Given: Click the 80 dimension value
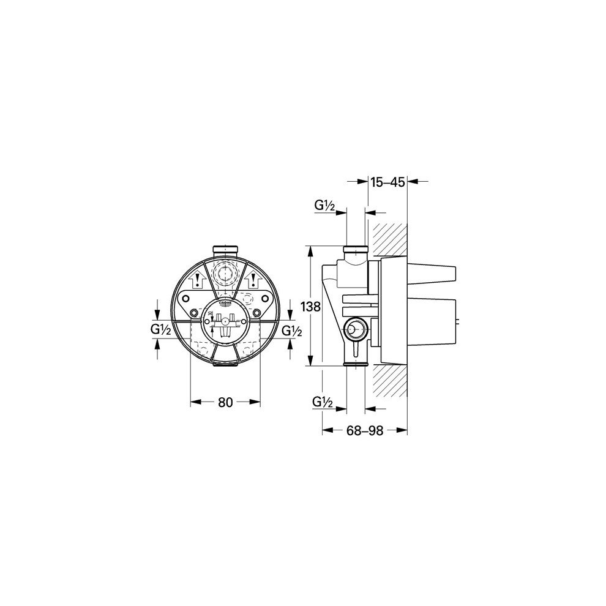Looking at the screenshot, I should click(225, 402).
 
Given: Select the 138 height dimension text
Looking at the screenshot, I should click(312, 307).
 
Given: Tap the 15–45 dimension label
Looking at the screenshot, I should click(387, 181).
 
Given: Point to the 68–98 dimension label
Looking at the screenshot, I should click(364, 430).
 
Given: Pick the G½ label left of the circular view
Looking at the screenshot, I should click(160, 330).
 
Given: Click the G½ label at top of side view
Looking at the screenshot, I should click(324, 207).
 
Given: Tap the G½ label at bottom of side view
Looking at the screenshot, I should click(322, 402).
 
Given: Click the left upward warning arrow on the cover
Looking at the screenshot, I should click(198, 282).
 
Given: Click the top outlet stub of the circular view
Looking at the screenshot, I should click(225, 250).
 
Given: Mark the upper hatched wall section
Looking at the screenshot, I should click(391, 239).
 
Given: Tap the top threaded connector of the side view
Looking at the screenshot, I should click(355, 250).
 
